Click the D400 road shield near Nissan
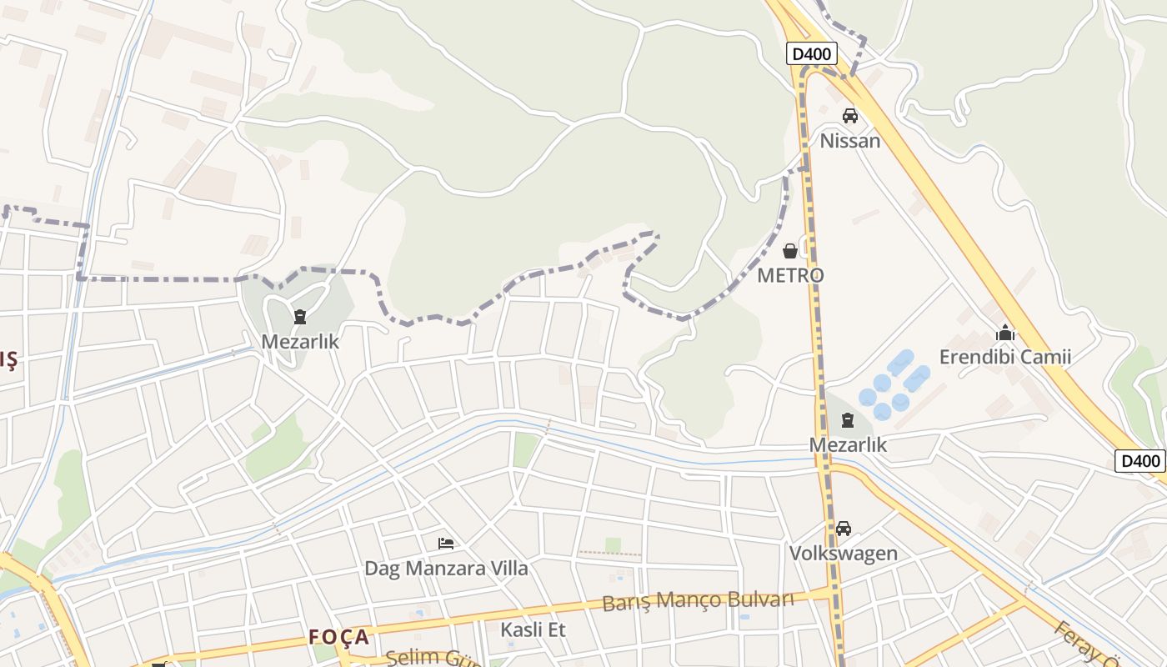tap(811, 54)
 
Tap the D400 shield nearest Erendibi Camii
tap(1139, 461)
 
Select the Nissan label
tap(849, 140)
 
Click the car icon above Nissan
tap(849, 116)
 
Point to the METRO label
tap(790, 275)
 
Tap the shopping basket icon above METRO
tap(790, 251)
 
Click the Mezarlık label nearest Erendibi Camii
tap(848, 444)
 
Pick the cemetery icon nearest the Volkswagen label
tap(848, 420)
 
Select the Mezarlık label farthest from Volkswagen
tap(300, 341)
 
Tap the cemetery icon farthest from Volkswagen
tap(300, 317)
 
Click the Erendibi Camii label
tap(1004, 357)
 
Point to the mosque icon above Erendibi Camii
tap(1004, 333)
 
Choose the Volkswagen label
tap(844, 553)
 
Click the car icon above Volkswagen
tap(844, 529)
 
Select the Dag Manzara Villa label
tap(446, 569)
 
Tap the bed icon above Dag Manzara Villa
tap(446, 544)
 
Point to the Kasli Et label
tap(533, 629)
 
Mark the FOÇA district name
tap(338, 637)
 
